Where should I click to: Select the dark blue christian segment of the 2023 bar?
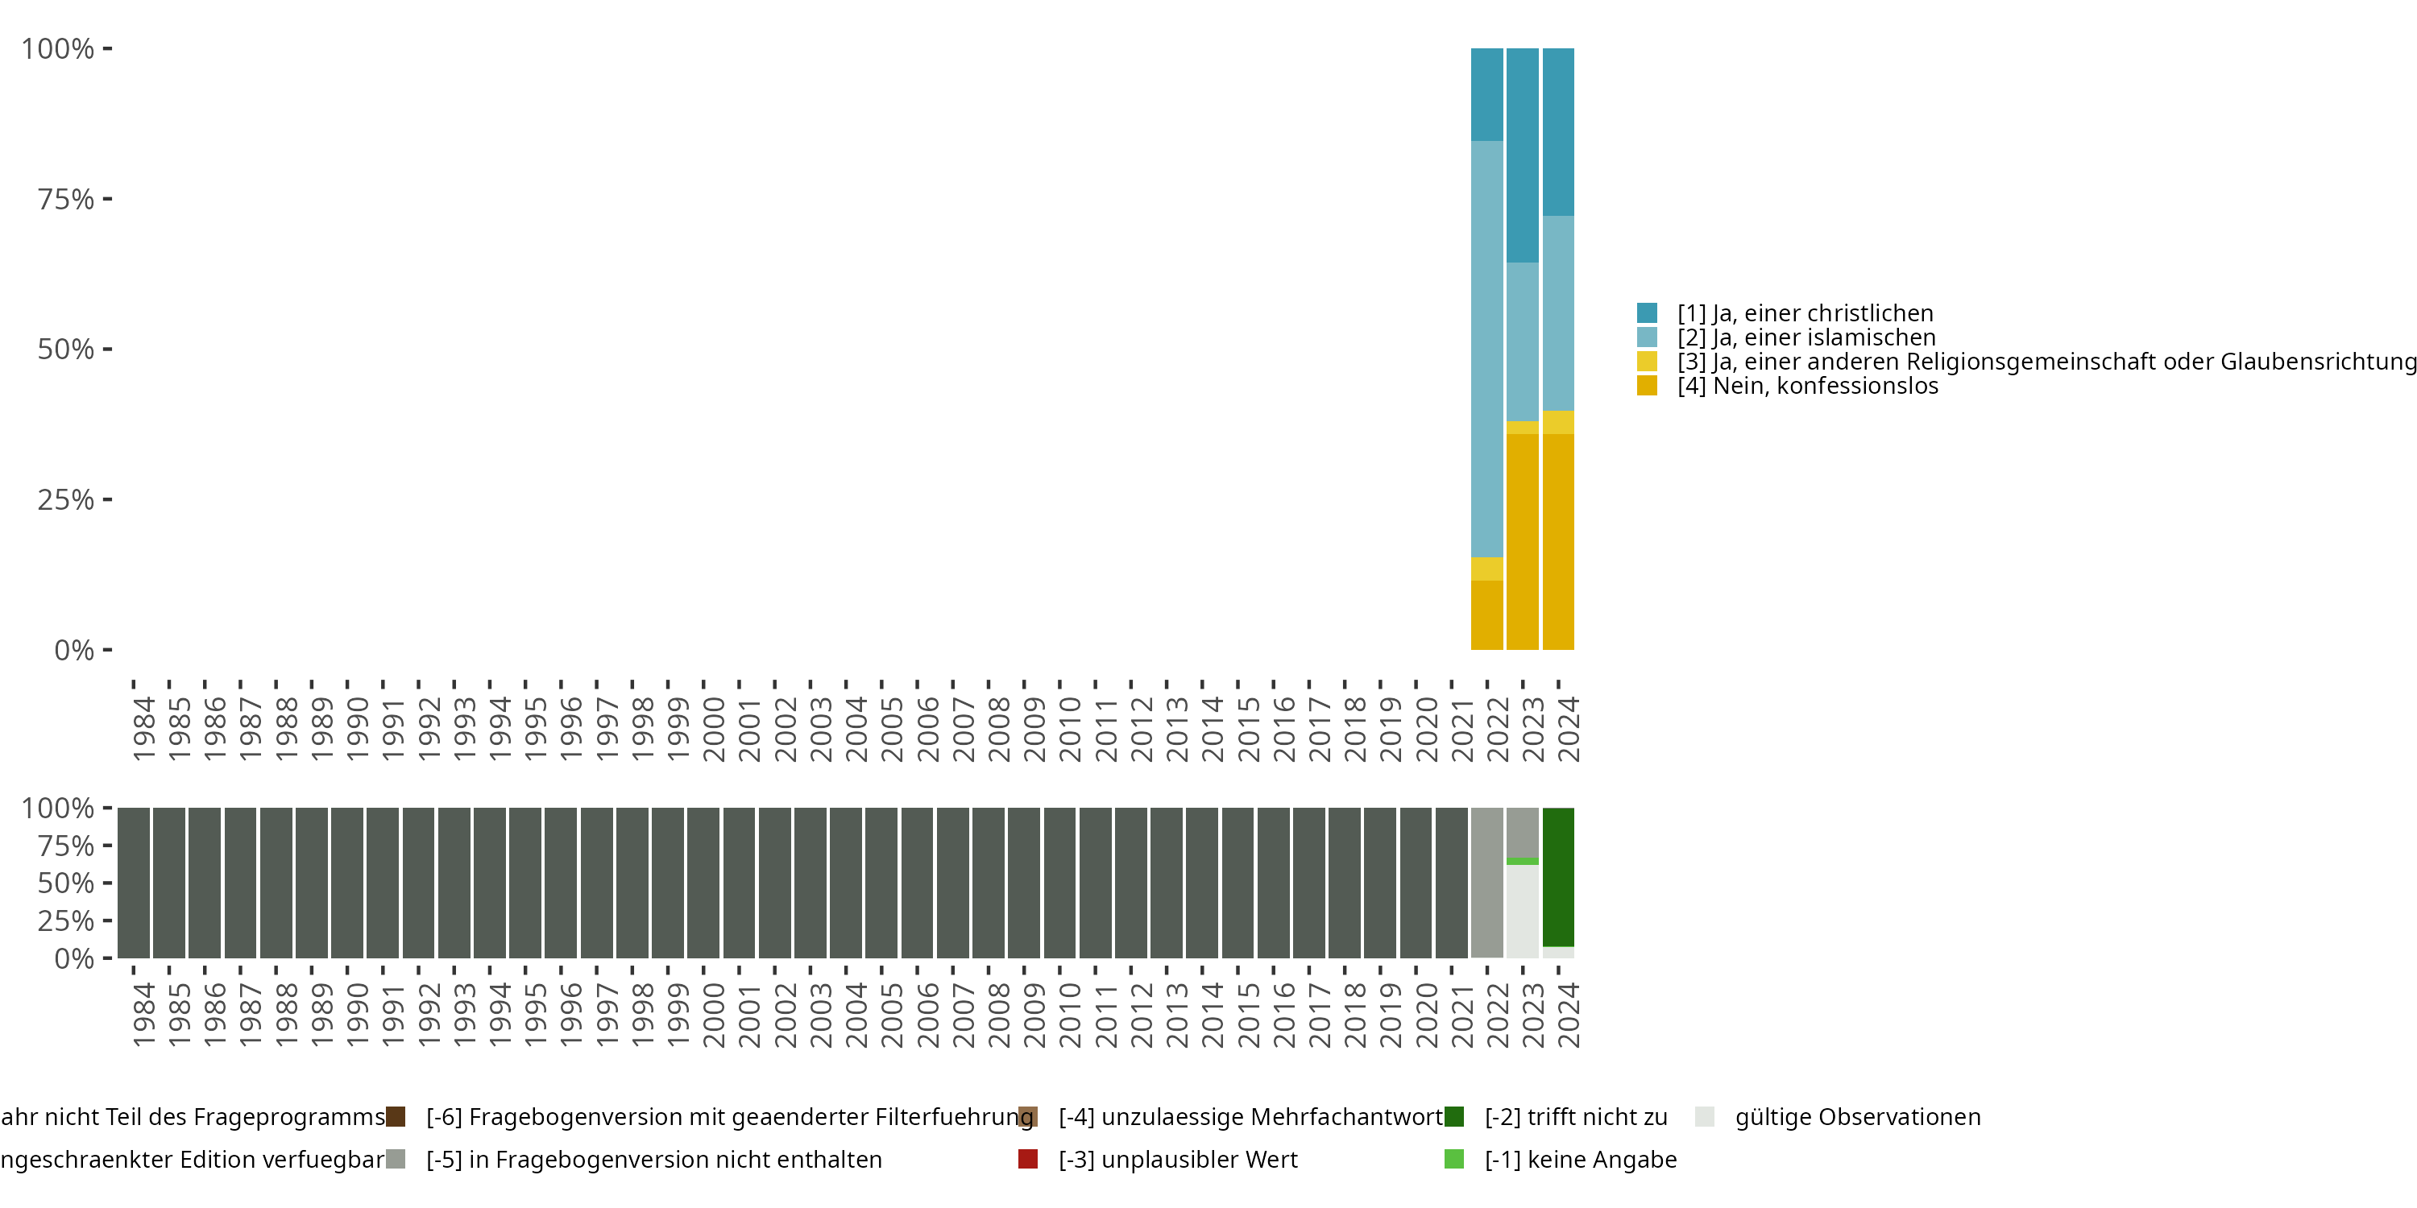click(x=1522, y=155)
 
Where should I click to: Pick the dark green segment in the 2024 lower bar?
click(x=1557, y=877)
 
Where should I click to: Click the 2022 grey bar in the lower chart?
click(x=1486, y=882)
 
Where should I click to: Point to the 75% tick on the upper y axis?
click(x=66, y=199)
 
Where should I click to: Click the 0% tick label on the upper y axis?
click(x=74, y=650)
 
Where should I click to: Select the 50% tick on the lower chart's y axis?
click(x=66, y=883)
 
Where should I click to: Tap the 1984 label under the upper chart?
click(x=143, y=729)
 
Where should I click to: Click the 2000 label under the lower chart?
click(x=713, y=1015)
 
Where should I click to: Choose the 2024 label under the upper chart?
click(x=1568, y=729)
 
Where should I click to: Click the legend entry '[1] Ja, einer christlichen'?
click(x=1805, y=313)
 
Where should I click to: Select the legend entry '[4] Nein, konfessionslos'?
click(x=1807, y=386)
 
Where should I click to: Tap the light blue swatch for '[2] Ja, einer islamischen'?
click(x=1647, y=337)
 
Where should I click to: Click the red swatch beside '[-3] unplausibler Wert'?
click(x=1027, y=1159)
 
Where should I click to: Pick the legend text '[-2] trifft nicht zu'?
click(x=1575, y=1117)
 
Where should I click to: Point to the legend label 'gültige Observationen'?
click(x=1857, y=1117)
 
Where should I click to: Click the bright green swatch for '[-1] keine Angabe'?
click(x=1453, y=1159)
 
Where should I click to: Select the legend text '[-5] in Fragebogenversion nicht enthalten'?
click(x=654, y=1159)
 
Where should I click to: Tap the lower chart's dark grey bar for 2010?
click(x=1059, y=882)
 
